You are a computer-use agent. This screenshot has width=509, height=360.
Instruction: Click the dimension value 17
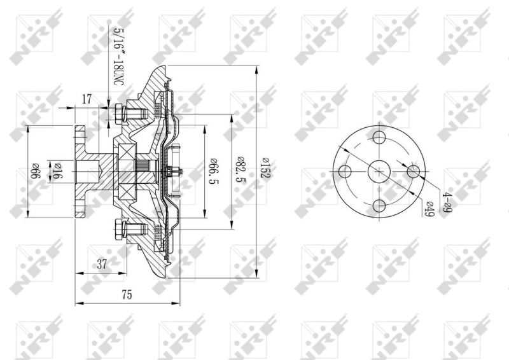point(87,99)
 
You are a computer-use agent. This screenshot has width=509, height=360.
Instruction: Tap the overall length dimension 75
point(127,294)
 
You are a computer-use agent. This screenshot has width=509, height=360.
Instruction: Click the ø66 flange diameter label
point(37,172)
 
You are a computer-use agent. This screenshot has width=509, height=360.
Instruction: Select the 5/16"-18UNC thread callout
point(118,57)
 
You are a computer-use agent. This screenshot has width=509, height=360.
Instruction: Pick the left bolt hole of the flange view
point(345,171)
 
